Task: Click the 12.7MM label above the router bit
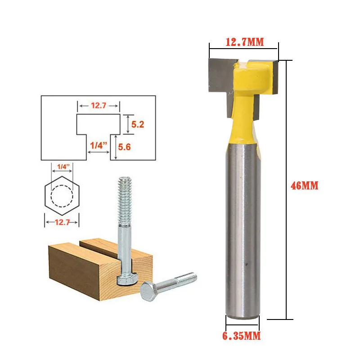(244, 42)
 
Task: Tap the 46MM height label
(304, 185)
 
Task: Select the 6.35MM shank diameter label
(242, 335)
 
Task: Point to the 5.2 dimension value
(138, 125)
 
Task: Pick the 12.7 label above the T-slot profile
(99, 106)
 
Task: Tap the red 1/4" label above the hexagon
(62, 167)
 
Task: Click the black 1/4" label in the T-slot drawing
(98, 145)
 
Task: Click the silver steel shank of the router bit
(243, 225)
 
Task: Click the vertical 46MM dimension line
(287, 189)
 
